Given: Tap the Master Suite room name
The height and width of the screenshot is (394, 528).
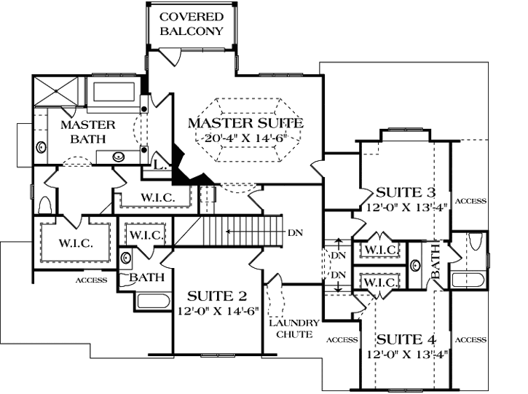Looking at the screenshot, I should click(x=245, y=122).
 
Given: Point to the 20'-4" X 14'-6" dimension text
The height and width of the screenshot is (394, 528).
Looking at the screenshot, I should click(x=246, y=138).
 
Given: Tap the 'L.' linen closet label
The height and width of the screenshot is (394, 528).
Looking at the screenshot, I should click(x=162, y=166).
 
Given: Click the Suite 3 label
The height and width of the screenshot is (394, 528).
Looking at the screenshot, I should click(x=406, y=193).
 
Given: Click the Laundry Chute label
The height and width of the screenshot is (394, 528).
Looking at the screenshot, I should click(x=293, y=328).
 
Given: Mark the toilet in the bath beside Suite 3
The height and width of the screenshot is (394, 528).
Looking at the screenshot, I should click(x=476, y=242).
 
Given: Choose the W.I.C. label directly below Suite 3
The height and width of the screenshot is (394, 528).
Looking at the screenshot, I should click(x=379, y=251).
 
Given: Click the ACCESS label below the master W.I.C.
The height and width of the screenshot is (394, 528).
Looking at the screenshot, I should click(x=91, y=280).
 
